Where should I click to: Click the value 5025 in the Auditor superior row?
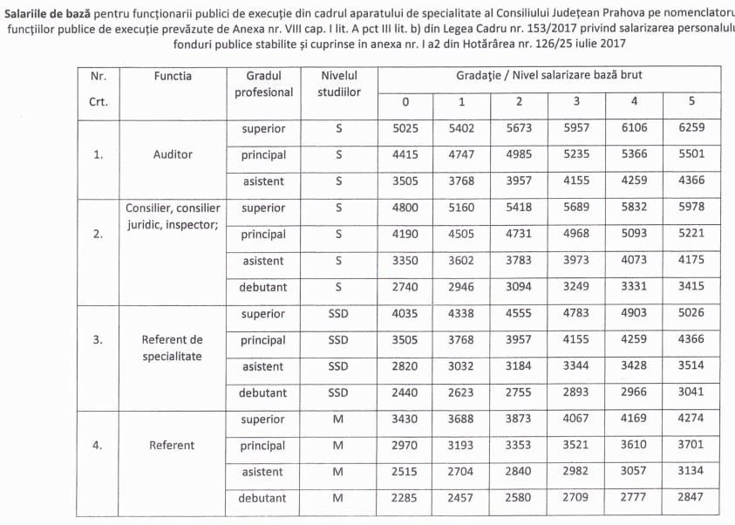pos(405,129)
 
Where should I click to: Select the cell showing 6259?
pos(691,129)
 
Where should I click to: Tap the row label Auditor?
pos(173,155)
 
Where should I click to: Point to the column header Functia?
pos(173,77)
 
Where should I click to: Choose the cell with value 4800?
pos(405,208)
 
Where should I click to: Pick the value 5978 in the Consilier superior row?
pos(691,208)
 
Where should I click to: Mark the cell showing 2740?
pos(405,287)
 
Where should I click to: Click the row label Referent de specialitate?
pos(173,348)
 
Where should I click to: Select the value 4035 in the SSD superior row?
pos(405,314)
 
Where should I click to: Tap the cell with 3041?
pos(691,392)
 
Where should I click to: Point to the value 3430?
pos(405,419)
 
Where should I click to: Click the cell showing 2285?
pos(405,498)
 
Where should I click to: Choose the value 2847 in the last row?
pos(691,498)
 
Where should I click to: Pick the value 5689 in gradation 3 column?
pos(576,208)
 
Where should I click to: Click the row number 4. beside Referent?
pos(99,446)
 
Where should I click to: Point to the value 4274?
pos(691,419)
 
